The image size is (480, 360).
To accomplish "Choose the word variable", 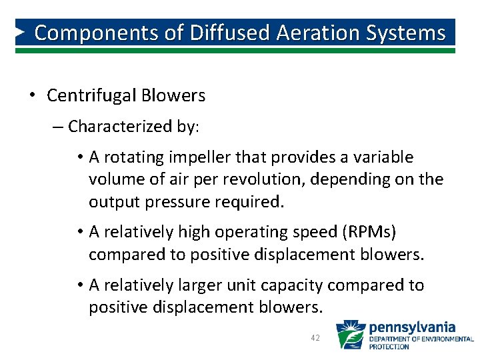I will [x=383, y=157].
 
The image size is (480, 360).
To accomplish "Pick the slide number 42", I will [x=316, y=338].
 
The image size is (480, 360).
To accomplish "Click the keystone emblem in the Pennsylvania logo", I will [x=349, y=335].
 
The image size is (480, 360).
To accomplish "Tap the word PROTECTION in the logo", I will [x=390, y=347].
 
